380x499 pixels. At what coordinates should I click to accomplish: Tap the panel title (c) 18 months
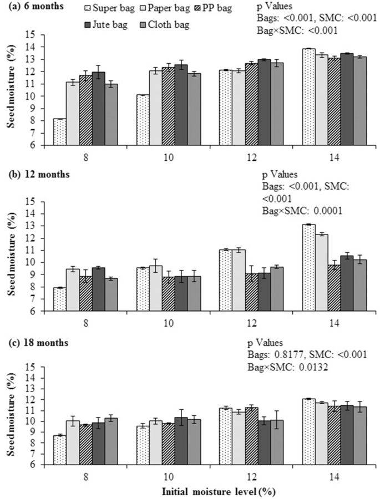[x=38, y=343]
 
